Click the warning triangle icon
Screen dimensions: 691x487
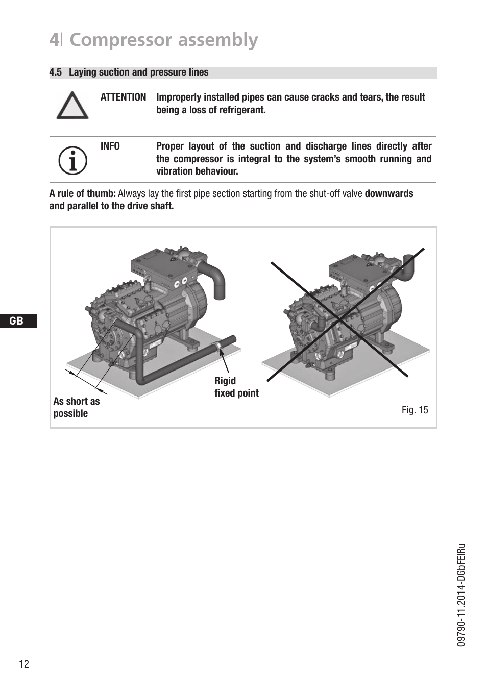pos(72,106)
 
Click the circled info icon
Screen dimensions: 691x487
pos(72,160)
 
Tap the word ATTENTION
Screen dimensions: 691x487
pos(123,97)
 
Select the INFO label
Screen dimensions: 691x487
pos(110,146)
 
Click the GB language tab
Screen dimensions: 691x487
pos(17,320)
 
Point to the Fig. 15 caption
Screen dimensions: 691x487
pos(415,410)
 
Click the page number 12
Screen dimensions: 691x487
pos(24,663)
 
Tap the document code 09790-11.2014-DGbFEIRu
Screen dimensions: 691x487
pos(461,595)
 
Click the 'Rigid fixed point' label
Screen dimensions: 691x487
pos(236,387)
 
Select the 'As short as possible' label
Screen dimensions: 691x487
pos(77,407)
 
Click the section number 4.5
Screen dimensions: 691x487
pos(55,72)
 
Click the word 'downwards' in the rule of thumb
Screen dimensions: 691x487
pos(389,194)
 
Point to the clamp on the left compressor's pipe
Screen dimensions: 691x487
pos(218,347)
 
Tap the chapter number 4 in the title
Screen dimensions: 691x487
pos(54,40)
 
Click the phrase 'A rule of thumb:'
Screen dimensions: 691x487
pos(82,194)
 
